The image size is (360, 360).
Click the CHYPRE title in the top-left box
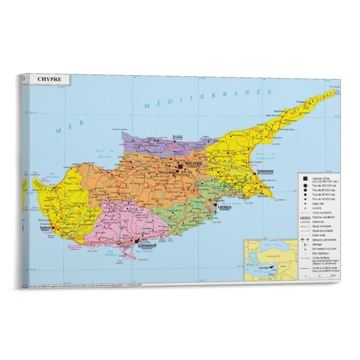[x=49, y=80]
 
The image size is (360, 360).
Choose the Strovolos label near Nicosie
[x=167, y=174]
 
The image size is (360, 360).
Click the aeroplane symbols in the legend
[x=305, y=240]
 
